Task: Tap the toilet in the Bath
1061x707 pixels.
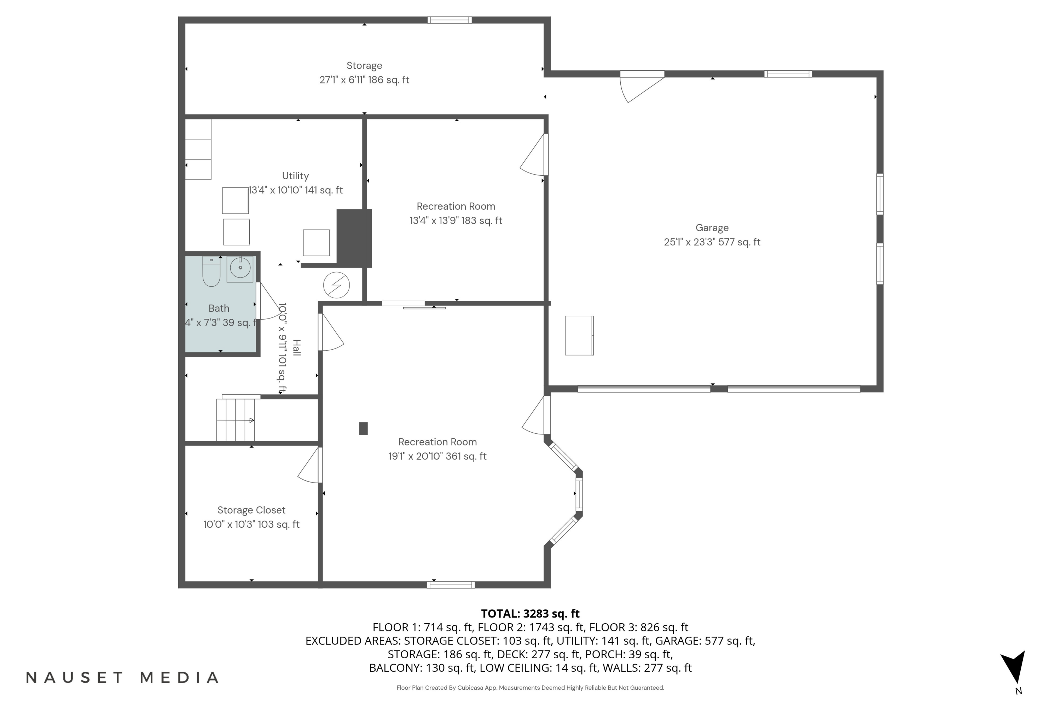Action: [211, 272]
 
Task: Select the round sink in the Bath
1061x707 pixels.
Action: [240, 268]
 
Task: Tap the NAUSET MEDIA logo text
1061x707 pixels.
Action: [122, 677]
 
